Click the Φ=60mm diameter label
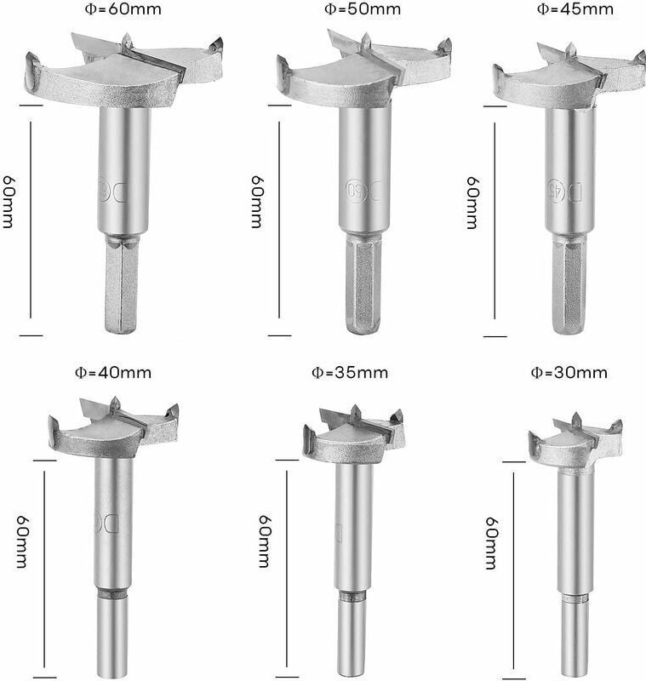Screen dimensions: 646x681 pyautogui.click(x=123, y=9)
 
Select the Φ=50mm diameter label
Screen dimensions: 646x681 pyautogui.click(x=363, y=9)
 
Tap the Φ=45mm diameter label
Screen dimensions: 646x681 pyautogui.click(x=575, y=9)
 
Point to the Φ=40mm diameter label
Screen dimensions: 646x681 pyautogui.click(x=113, y=373)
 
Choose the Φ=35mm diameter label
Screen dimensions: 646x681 pyautogui.click(x=350, y=373)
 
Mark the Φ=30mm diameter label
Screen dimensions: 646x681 pyautogui.click(x=569, y=373)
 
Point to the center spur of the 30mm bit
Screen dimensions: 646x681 pyautogui.click(x=576, y=421)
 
